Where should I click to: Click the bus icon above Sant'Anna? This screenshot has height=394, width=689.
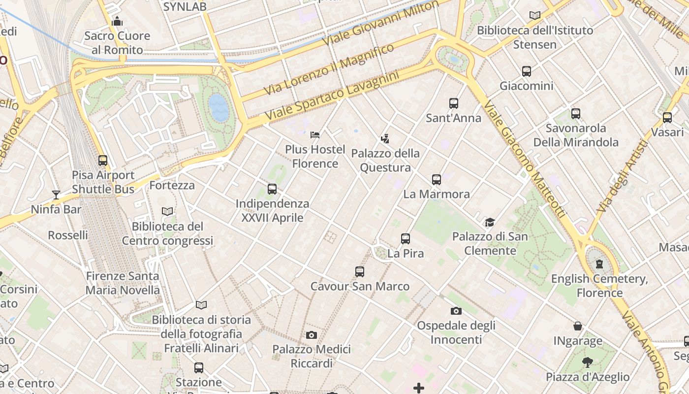pyautogui.click(x=453, y=103)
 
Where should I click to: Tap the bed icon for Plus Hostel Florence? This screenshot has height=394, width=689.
pyautogui.click(x=315, y=135)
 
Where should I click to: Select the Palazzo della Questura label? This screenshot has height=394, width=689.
pyautogui.click(x=385, y=161)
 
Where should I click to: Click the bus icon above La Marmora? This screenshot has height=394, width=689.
pyautogui.click(x=437, y=180)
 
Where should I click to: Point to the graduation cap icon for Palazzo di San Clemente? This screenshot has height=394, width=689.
pyautogui.click(x=490, y=222)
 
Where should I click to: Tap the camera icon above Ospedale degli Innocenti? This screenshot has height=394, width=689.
pyautogui.click(x=456, y=311)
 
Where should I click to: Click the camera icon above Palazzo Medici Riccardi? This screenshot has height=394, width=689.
pyautogui.click(x=312, y=335)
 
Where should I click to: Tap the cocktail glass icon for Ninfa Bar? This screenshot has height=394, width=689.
pyautogui.click(x=56, y=195)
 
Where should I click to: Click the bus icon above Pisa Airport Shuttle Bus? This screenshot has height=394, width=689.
pyautogui.click(x=103, y=161)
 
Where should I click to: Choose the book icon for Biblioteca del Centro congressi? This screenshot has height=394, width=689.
pyautogui.click(x=167, y=212)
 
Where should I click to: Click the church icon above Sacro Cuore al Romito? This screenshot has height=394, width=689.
pyautogui.click(x=117, y=21)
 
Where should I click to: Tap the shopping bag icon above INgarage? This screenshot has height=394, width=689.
pyautogui.click(x=578, y=326)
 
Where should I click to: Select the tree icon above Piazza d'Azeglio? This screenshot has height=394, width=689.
pyautogui.click(x=587, y=363)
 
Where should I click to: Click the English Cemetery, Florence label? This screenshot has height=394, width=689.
pyautogui.click(x=599, y=286)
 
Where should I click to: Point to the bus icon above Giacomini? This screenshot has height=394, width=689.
pyautogui.click(x=527, y=71)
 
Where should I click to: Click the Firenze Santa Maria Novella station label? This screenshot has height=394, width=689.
pyautogui.click(x=123, y=283)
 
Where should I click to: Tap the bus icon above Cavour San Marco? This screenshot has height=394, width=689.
pyautogui.click(x=360, y=272)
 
